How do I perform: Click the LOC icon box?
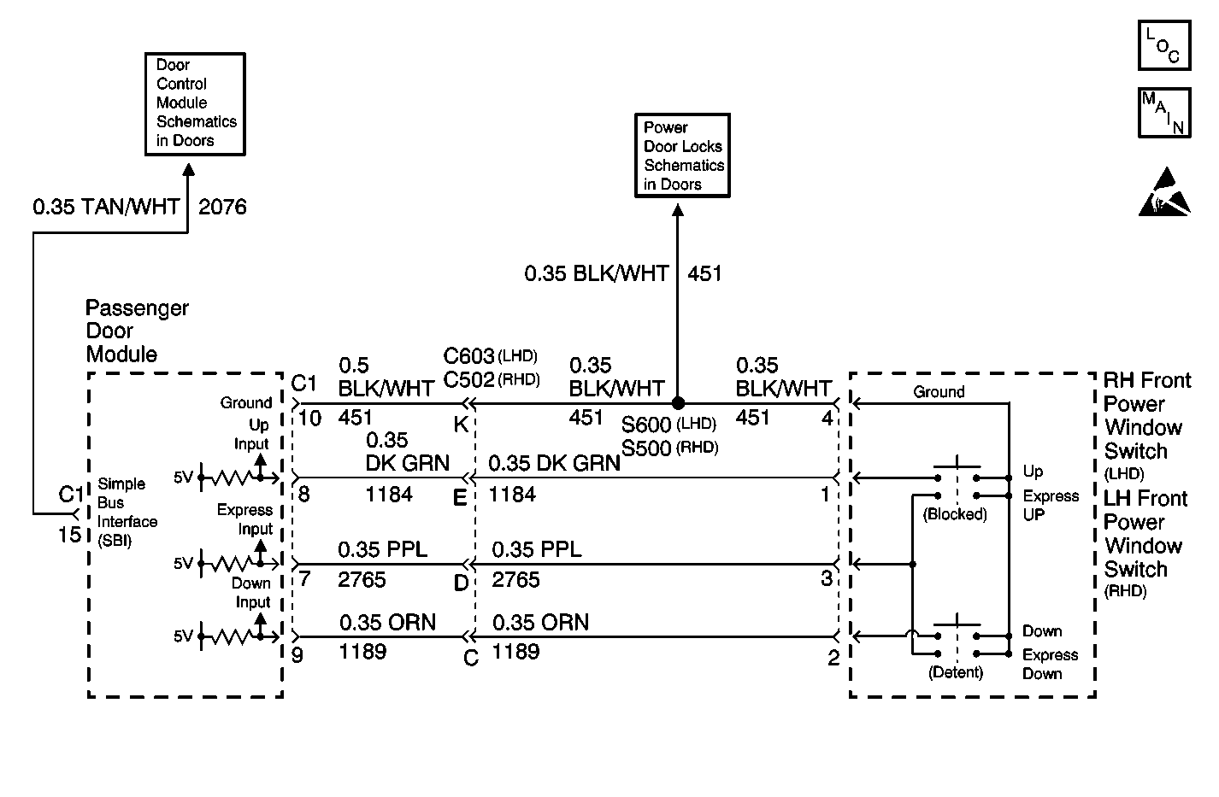(x=1164, y=45)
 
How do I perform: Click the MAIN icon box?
(x=1164, y=113)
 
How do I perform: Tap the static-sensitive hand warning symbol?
(x=1164, y=192)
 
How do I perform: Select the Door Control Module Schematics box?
(x=195, y=104)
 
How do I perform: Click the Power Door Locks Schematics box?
(x=682, y=155)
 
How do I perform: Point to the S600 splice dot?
(x=678, y=403)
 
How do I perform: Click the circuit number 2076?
(x=222, y=207)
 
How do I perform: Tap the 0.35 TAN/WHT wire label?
(x=106, y=207)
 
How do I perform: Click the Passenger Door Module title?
(x=137, y=331)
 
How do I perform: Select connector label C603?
(x=468, y=356)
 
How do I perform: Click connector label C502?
(x=468, y=379)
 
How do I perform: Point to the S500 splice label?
(x=646, y=448)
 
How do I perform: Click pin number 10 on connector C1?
(x=309, y=418)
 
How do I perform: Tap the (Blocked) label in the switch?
(x=955, y=513)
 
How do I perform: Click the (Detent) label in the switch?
(x=956, y=672)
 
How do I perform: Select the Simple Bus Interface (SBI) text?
(x=127, y=513)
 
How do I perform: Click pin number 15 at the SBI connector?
(x=69, y=535)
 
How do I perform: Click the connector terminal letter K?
(x=461, y=425)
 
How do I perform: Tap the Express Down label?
(x=1050, y=664)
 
